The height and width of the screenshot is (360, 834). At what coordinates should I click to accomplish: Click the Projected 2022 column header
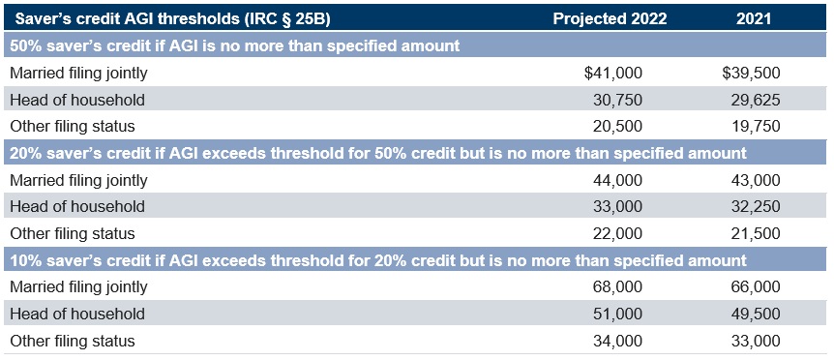click(610, 18)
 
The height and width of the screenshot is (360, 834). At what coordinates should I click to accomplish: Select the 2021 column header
click(754, 18)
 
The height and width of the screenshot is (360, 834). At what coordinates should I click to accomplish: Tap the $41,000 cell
click(613, 73)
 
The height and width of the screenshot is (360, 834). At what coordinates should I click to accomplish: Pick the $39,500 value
click(751, 73)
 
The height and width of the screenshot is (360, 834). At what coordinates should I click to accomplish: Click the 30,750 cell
click(617, 100)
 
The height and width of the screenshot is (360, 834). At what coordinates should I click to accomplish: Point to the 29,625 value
click(756, 100)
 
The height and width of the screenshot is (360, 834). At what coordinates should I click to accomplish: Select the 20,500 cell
click(617, 127)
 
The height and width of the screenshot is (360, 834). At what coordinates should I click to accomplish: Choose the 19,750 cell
click(756, 127)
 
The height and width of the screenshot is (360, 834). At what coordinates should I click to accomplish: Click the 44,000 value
click(617, 180)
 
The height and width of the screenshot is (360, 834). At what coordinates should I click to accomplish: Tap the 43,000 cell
click(756, 180)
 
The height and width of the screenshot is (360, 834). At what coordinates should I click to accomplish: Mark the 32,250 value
click(756, 206)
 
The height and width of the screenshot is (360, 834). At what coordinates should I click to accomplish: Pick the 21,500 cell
click(756, 233)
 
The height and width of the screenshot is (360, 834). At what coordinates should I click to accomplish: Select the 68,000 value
click(617, 287)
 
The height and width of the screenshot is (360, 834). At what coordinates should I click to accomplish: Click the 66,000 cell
click(756, 287)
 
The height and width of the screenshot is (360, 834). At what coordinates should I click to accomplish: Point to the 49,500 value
click(756, 314)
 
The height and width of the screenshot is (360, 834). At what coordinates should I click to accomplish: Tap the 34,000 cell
click(617, 341)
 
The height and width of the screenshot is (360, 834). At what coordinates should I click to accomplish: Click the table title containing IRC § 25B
click(173, 19)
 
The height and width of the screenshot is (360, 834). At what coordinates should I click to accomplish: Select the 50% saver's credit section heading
click(234, 45)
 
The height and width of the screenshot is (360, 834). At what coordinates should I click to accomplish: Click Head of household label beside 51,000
click(77, 314)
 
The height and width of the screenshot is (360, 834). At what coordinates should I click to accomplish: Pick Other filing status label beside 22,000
click(73, 233)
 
